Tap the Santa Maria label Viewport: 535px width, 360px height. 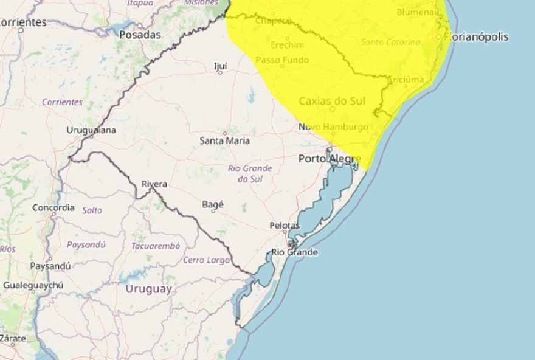click(224, 140)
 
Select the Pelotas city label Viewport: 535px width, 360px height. click(285, 226)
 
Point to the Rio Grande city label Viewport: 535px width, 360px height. click(295, 252)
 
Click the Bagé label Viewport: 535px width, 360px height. click(213, 205)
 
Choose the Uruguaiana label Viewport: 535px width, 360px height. click(91, 130)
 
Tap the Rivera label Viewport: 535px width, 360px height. click(154, 184)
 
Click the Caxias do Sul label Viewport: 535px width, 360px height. click(332, 101)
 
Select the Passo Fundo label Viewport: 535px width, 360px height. click(282, 60)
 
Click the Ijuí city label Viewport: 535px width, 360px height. click(221, 66)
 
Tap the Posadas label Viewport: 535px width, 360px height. click(140, 35)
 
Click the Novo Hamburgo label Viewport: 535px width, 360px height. click(333, 127)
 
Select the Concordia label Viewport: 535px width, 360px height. click(53, 208)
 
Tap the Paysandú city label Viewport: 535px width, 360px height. click(50, 266)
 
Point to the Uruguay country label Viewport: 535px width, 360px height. click(148, 289)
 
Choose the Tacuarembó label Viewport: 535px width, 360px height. click(156, 246)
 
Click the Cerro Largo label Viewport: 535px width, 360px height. click(207, 260)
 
